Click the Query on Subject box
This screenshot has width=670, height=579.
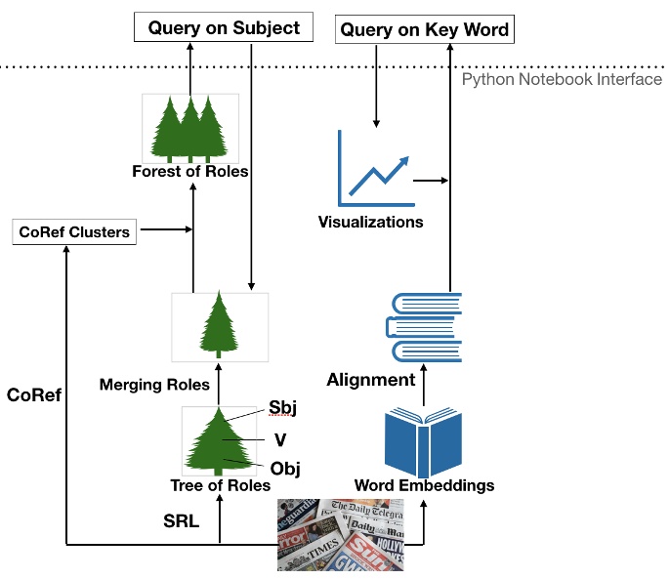pyautogui.click(x=224, y=28)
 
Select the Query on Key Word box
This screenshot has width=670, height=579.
pyautogui.click(x=424, y=29)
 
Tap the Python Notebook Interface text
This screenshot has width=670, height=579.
pyautogui.click(x=562, y=79)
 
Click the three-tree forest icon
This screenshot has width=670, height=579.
pyautogui.click(x=190, y=128)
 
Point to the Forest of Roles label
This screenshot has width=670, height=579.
pyautogui.click(x=190, y=172)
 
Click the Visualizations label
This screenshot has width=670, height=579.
pyautogui.click(x=370, y=222)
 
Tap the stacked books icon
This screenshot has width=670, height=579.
pyautogui.click(x=426, y=327)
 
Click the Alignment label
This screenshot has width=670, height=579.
pyautogui.click(x=371, y=380)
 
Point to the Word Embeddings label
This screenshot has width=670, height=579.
pyautogui.click(x=424, y=485)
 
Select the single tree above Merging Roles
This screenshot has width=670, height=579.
pyautogui.click(x=219, y=321)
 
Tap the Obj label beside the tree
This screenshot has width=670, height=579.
pyautogui.click(x=285, y=469)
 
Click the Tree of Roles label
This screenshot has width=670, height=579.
pyautogui.click(x=220, y=485)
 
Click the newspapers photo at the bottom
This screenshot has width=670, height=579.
pyautogui.click(x=340, y=534)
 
